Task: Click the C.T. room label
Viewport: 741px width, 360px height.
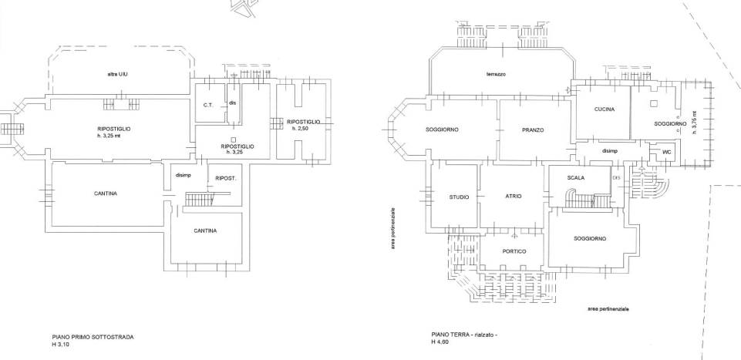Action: point(209,106)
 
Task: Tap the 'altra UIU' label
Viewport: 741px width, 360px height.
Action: point(116,75)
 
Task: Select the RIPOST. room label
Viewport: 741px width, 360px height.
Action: point(225,179)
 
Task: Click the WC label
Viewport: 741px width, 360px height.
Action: point(667,152)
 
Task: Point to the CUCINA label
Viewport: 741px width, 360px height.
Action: point(605,109)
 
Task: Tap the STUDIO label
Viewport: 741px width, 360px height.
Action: point(459,197)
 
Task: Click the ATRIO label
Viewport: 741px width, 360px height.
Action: point(514,196)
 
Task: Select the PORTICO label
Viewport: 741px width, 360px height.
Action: point(514,252)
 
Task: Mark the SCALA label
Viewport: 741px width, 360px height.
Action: point(576,178)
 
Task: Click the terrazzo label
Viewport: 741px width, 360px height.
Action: point(495,74)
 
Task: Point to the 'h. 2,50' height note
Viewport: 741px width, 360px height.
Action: point(298,129)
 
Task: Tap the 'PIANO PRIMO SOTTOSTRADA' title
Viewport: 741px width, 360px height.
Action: point(93,338)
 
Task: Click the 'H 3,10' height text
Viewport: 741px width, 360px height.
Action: point(60,345)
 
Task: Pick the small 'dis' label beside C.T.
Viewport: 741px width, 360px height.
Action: point(232,104)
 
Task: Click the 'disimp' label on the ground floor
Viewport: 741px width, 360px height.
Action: point(611,151)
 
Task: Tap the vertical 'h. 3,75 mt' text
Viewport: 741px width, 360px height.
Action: point(693,123)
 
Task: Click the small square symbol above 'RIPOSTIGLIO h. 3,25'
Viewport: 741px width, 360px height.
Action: point(234,140)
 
